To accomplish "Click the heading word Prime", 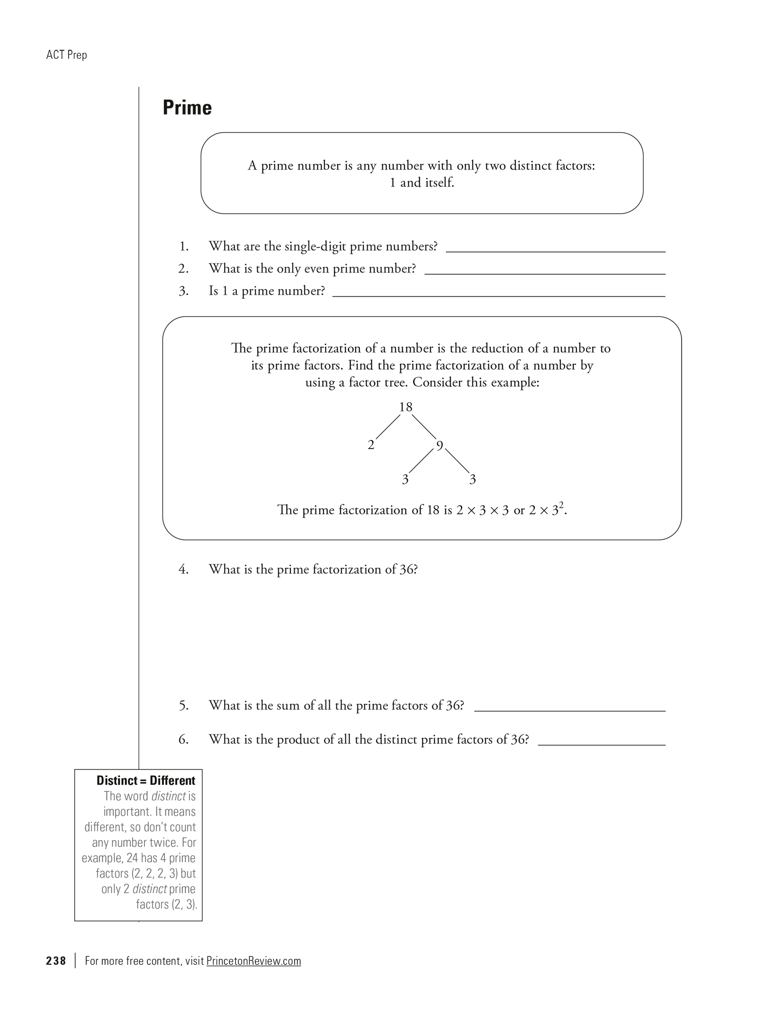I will click(187, 108).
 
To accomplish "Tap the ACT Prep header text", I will click(67, 55).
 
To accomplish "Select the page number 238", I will click(56, 961).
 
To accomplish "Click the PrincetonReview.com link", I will click(253, 961).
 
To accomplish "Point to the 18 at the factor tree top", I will click(406, 407).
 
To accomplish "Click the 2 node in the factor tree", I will click(371, 445).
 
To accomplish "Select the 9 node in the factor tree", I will click(440, 445).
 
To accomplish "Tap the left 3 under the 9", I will click(405, 480).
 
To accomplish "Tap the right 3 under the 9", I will click(472, 480).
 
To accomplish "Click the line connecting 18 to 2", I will click(388, 427).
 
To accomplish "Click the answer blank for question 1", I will click(555, 248).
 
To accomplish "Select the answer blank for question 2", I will click(545, 270).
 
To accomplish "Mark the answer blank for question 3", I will click(498, 292).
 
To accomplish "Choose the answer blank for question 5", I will click(569, 707).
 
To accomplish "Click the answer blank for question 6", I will click(602, 741).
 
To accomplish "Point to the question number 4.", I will click(183, 569).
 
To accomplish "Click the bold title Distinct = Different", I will click(146, 781).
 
